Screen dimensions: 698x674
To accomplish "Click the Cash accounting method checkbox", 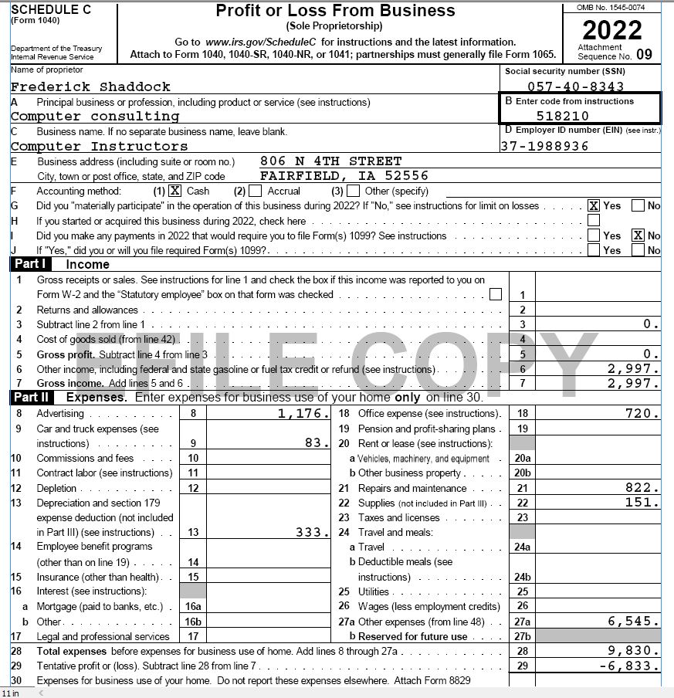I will pos(175,191).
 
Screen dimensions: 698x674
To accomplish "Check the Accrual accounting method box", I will pos(256,191).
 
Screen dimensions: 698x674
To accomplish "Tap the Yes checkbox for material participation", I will pos(594,205).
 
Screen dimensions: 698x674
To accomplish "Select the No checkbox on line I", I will pos(638,235).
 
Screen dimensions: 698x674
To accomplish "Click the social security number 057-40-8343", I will pos(575,87).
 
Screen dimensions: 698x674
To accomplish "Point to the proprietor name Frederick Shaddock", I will pos(90,86).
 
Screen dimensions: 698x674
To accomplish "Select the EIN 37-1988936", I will pos(544,146).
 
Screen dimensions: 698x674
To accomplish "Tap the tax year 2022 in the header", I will pos(611,30).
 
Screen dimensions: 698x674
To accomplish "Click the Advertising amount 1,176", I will pos(303,414).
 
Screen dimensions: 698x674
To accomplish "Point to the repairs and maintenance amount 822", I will pos(641,488).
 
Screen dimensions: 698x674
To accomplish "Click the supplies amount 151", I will pos(641,503).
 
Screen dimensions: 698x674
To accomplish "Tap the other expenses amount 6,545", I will pos(634,621).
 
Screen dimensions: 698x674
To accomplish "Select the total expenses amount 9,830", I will pos(634,651).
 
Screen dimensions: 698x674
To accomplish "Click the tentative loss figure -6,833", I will pos(629,666).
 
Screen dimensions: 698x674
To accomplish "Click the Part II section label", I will pos(31,398).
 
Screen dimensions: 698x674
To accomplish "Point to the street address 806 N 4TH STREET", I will pos(330,161).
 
